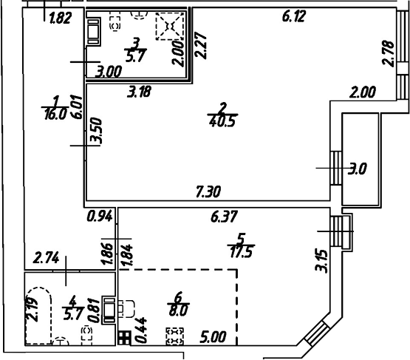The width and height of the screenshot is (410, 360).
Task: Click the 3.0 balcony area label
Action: pos(358,169)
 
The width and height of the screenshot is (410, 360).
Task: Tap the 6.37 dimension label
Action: pos(225,217)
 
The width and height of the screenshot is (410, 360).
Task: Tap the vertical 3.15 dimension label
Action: pos(320,260)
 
